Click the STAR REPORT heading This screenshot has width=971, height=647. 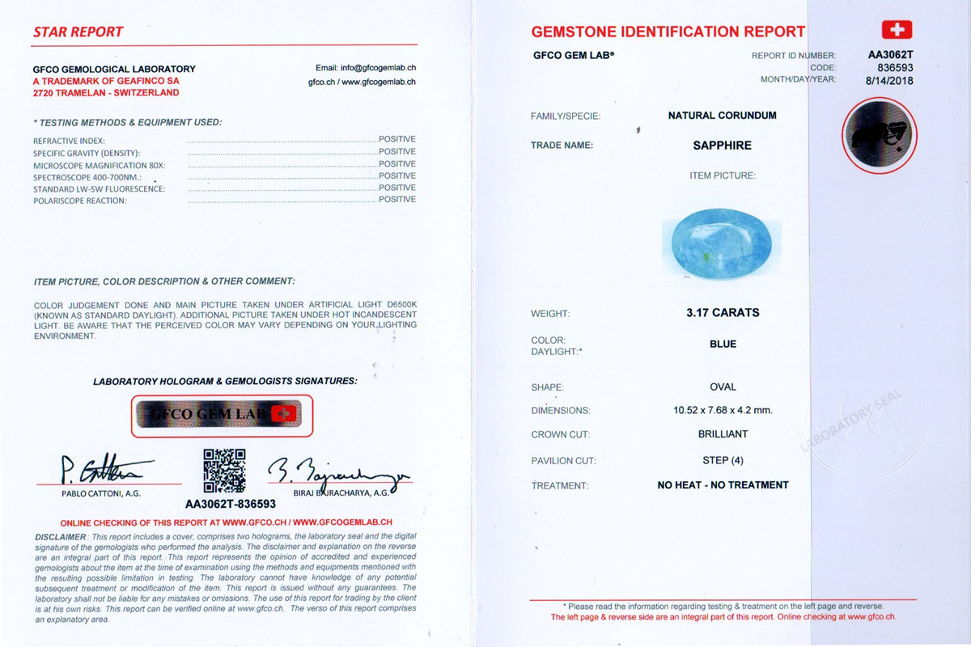(x=78, y=32)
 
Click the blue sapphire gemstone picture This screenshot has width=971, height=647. (x=722, y=243)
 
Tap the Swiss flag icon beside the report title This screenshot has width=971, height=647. (x=896, y=30)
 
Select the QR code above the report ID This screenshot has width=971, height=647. (x=223, y=470)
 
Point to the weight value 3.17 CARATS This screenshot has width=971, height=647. (x=723, y=312)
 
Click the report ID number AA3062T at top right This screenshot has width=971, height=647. (x=890, y=56)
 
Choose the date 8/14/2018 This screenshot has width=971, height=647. (x=889, y=80)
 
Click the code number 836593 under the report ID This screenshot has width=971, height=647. (x=895, y=68)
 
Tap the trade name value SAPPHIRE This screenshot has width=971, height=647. (x=722, y=146)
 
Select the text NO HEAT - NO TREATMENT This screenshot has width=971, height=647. (x=723, y=485)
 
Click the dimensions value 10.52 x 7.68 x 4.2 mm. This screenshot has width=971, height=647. (x=723, y=410)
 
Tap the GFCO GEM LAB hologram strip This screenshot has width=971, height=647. (x=222, y=415)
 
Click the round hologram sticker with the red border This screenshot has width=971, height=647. (x=880, y=135)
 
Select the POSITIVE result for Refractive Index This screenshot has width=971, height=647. (x=396, y=139)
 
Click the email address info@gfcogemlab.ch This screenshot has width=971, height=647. (x=365, y=68)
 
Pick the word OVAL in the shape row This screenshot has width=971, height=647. (x=723, y=387)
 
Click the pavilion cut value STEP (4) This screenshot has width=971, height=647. (x=723, y=460)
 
